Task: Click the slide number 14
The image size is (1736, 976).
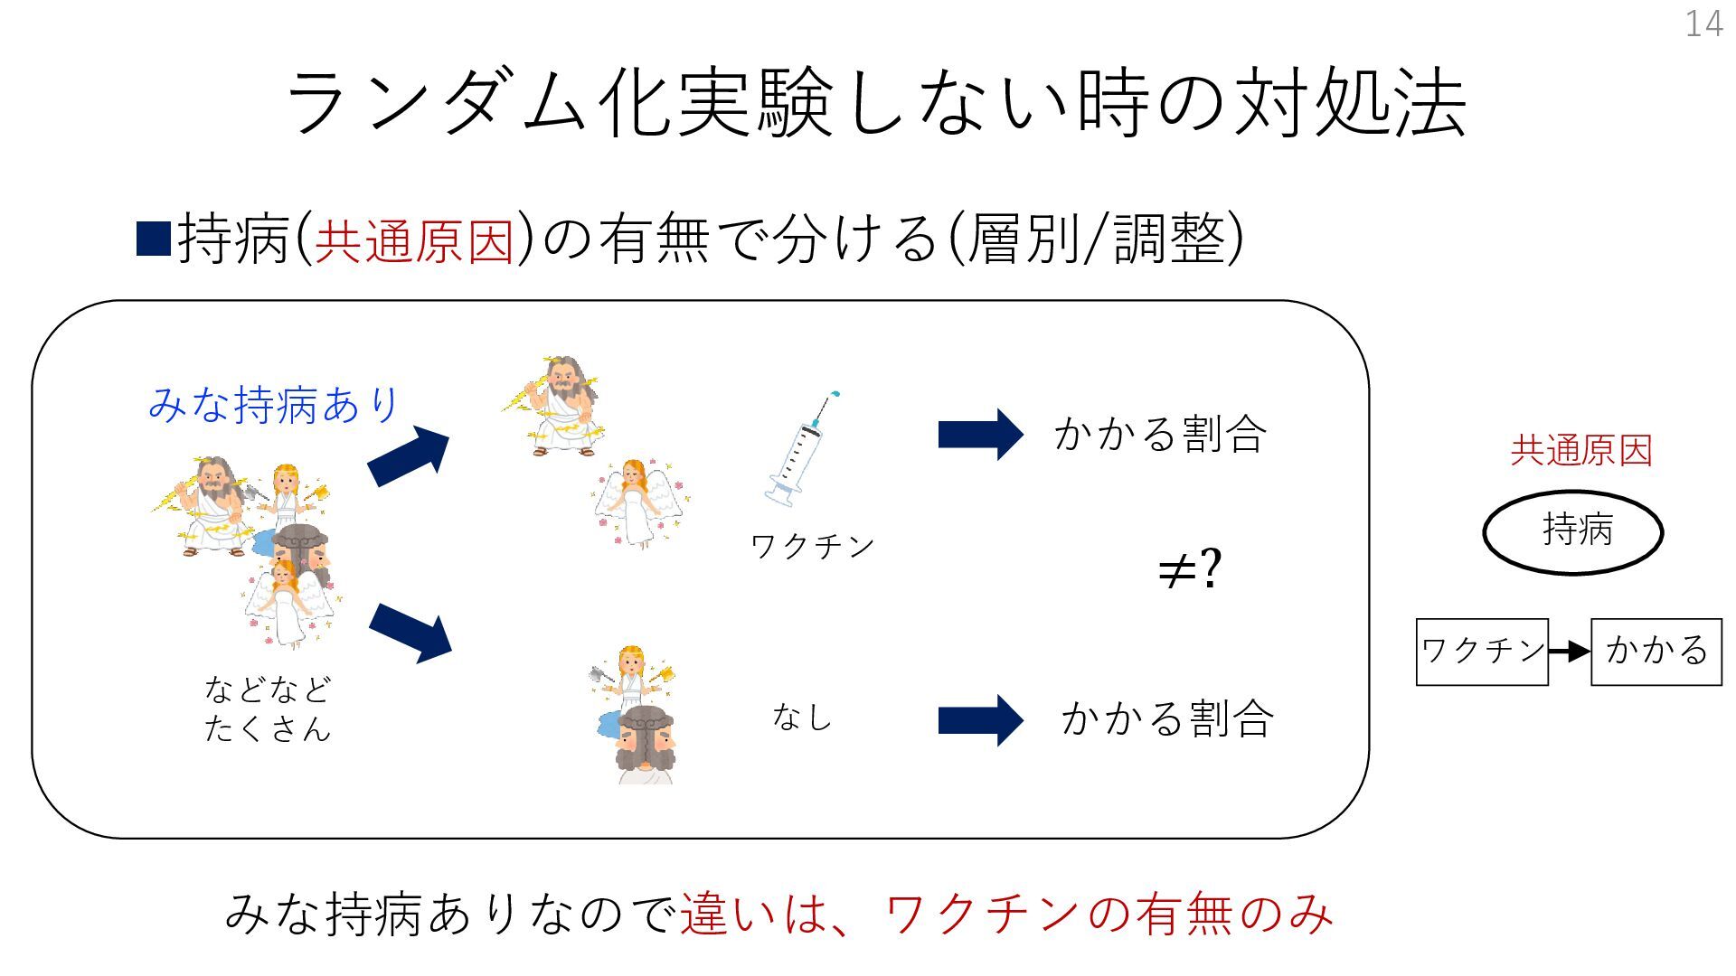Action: point(1703,23)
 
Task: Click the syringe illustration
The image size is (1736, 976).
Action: point(800,448)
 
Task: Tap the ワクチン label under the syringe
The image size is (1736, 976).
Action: point(812,546)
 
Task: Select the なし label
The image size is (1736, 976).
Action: point(801,718)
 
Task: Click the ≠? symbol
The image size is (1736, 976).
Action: point(1189,569)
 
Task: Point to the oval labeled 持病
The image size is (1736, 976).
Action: point(1573,531)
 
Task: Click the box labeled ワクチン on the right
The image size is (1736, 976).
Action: point(1482,652)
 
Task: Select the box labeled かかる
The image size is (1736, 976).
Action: point(1656,652)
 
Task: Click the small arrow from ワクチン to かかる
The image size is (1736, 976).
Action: point(1570,652)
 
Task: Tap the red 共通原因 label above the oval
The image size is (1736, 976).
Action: point(1581,450)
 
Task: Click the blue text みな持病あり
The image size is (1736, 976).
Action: point(273,404)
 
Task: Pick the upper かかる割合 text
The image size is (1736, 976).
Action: point(1160,434)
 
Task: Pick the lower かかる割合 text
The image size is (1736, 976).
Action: point(1167,719)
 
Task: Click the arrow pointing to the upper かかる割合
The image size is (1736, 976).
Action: point(980,435)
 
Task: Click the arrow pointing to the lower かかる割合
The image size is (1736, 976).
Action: point(980,720)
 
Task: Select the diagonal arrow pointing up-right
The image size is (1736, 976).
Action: point(409,455)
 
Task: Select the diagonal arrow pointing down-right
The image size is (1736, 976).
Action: point(410,632)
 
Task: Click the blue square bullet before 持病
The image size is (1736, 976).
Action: point(154,239)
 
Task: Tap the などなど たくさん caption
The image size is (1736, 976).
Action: point(268,709)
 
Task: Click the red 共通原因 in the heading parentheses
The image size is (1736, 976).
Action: point(414,240)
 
